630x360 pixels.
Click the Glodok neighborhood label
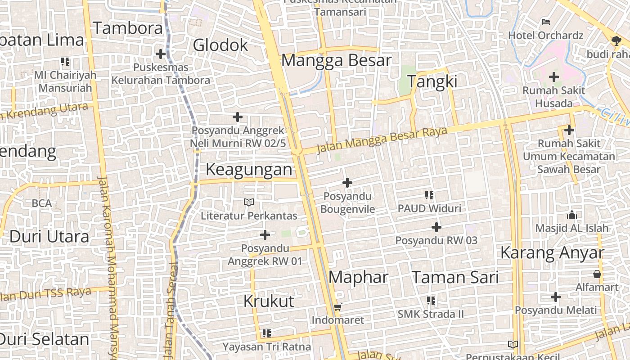point(220,45)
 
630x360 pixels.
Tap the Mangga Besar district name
point(336,60)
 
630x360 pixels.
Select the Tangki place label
point(432,81)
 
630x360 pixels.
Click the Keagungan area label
point(249,169)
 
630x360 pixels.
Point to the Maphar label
point(358,277)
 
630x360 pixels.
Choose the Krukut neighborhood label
point(269,301)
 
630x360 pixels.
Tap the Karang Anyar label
point(552,252)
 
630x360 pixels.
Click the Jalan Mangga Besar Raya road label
point(382,140)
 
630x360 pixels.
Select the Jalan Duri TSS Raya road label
point(45,294)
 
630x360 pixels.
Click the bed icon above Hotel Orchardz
point(546,22)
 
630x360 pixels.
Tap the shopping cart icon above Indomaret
point(338,307)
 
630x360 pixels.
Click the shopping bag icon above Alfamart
point(597,274)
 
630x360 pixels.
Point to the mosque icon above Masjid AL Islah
point(572,215)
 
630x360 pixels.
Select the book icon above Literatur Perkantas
point(249,202)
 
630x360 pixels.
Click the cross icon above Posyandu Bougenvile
point(347,183)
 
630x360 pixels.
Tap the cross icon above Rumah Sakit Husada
point(554,77)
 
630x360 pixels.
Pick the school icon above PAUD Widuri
point(429,195)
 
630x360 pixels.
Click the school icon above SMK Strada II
point(431,300)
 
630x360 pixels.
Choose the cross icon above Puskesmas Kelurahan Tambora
point(161,54)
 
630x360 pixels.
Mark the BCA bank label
point(42,203)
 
